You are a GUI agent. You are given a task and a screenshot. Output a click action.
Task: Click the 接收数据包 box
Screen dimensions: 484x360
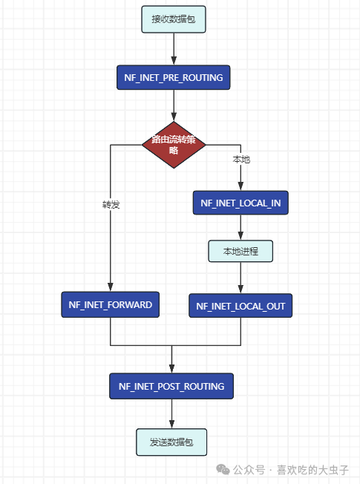pyautogui.click(x=173, y=19)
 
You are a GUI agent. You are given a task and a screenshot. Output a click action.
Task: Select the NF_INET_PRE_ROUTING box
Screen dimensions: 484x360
pyautogui.click(x=173, y=77)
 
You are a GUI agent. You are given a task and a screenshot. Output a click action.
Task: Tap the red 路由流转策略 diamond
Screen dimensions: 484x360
pyautogui.click(x=174, y=145)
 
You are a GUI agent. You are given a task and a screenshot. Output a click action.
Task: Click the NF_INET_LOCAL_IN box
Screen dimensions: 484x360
pyautogui.click(x=240, y=203)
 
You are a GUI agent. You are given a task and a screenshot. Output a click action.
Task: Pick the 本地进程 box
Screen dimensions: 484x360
pyautogui.click(x=240, y=251)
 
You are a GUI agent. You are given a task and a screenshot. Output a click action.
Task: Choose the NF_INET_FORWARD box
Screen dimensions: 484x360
pyautogui.click(x=110, y=304)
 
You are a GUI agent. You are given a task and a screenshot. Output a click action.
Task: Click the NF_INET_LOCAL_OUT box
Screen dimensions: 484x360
pyautogui.click(x=240, y=306)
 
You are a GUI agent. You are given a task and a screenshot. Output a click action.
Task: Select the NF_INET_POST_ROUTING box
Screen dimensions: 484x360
pyautogui.click(x=171, y=386)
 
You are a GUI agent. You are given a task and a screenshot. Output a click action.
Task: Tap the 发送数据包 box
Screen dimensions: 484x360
pyautogui.click(x=171, y=442)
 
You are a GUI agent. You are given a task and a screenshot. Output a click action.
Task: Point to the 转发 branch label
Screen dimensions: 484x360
pyautogui.click(x=111, y=204)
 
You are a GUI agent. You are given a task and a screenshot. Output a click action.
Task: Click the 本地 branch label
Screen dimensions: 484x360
pyautogui.click(x=241, y=160)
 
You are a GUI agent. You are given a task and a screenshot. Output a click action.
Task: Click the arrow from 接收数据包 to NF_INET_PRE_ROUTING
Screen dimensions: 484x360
pyautogui.click(x=173, y=48)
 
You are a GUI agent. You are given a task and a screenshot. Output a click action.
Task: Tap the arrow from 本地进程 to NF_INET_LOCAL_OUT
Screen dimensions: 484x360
pyautogui.click(x=240, y=278)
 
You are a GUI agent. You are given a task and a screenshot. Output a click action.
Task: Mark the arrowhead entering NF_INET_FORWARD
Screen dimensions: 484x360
pyautogui.click(x=110, y=287)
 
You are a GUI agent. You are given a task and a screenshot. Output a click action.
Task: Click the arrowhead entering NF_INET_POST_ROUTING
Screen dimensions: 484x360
pyautogui.click(x=171, y=369)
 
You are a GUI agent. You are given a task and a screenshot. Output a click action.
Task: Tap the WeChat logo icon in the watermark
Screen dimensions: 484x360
pyautogui.click(x=223, y=470)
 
